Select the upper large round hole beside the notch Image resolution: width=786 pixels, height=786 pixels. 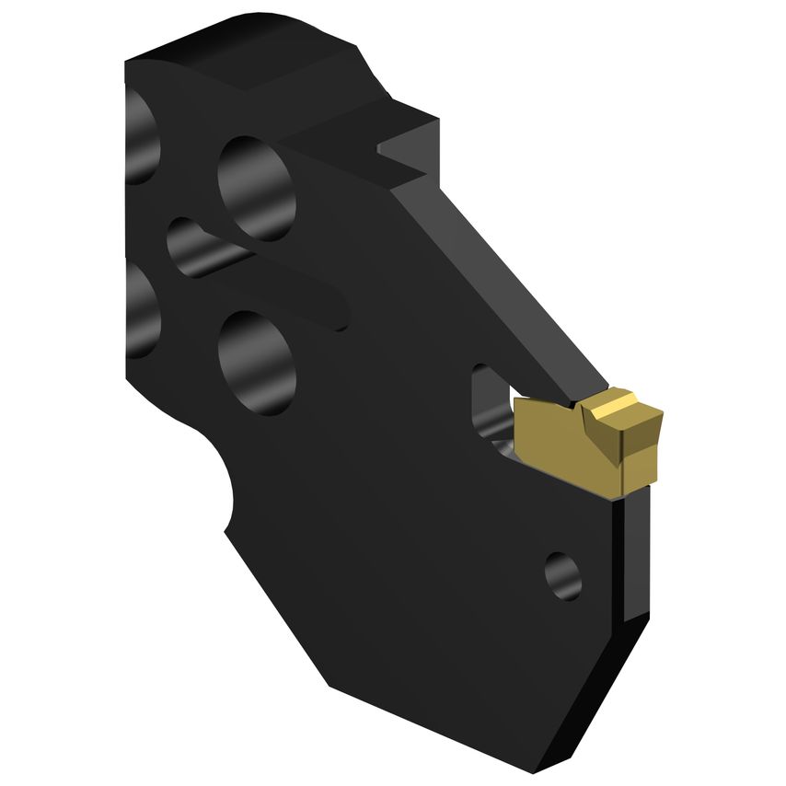[257, 188]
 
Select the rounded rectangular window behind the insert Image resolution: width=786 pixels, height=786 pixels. [488, 405]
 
